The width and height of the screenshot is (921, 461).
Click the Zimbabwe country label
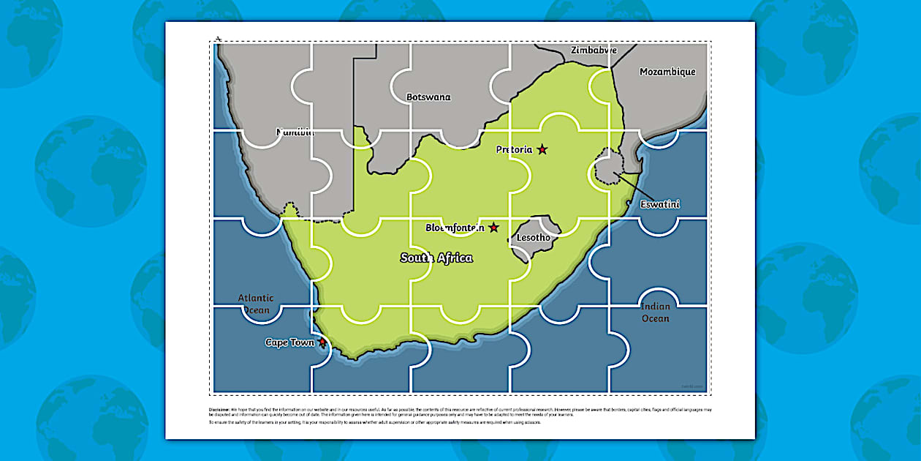point(594,50)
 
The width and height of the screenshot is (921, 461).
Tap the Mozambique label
point(667,72)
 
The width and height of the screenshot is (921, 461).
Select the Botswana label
point(428,97)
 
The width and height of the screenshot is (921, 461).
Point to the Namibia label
point(295,132)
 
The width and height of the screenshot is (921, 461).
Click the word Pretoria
point(514,149)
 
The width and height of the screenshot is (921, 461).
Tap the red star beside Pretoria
point(542,149)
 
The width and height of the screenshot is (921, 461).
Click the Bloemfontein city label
point(455,228)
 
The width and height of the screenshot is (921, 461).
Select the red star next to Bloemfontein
point(494,228)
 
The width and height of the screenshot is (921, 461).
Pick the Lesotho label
point(533,238)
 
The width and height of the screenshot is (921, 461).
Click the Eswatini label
point(659,204)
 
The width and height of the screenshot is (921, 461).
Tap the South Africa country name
point(436,258)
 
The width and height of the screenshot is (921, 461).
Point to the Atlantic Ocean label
point(255,304)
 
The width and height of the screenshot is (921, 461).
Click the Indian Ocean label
point(655,312)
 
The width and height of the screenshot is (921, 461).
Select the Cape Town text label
point(289,342)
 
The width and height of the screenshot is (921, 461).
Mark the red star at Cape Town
point(322,342)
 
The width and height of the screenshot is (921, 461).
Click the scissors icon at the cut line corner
point(218,38)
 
